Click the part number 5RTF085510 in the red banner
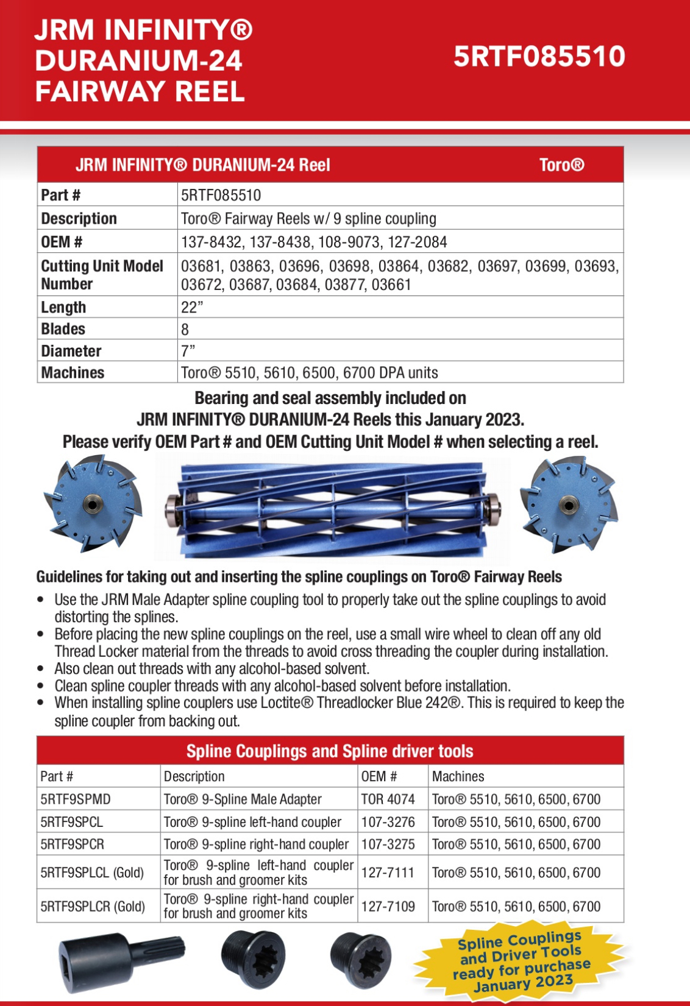pyautogui.click(x=539, y=57)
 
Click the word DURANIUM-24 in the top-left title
pyautogui.click(x=139, y=61)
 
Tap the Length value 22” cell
pyautogui.click(x=192, y=307)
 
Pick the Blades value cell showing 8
pyautogui.click(x=185, y=329)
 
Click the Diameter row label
pyautogui.click(x=71, y=351)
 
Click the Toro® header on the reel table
pyautogui.click(x=561, y=165)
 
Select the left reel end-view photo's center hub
pyautogui.click(x=93, y=505)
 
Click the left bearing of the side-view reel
pyautogui.click(x=172, y=508)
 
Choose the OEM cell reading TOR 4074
pyautogui.click(x=388, y=799)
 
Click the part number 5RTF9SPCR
pyautogui.click(x=72, y=844)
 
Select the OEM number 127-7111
pyautogui.click(x=388, y=873)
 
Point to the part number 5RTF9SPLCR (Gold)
pyautogui.click(x=93, y=906)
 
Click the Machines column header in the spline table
pyautogui.click(x=458, y=776)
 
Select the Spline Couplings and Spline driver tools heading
pyautogui.click(x=330, y=751)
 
